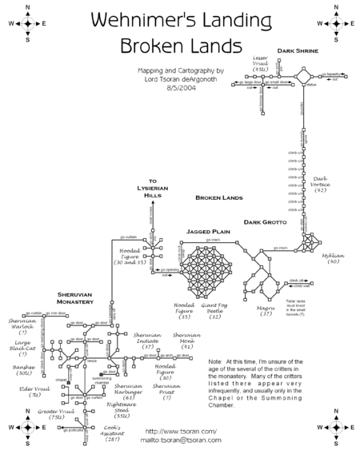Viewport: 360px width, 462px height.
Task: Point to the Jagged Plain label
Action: [209, 231]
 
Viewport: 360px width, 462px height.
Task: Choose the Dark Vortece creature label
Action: [321, 185]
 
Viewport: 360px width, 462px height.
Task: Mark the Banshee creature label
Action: [22, 370]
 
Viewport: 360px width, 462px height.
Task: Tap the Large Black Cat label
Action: [23, 348]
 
